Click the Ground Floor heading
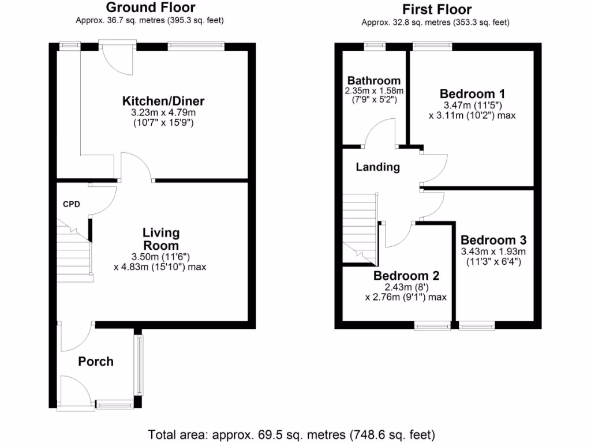coord(150,7)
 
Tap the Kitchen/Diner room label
coord(163,102)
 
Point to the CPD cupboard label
coord(72,204)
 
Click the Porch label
coord(96,362)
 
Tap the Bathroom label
coord(373,81)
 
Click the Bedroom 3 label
coord(493,240)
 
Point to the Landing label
coord(377,167)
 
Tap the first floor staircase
coord(359,228)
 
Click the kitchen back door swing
coord(118,61)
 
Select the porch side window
coord(139,365)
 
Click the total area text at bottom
coord(291,434)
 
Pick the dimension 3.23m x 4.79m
coord(163,113)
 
